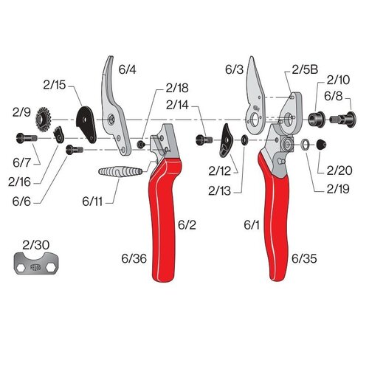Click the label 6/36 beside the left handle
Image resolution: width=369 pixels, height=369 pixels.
click(x=133, y=259)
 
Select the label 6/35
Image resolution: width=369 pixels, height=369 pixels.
click(x=304, y=259)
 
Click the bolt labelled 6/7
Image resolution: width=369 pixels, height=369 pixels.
click(x=26, y=137)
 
